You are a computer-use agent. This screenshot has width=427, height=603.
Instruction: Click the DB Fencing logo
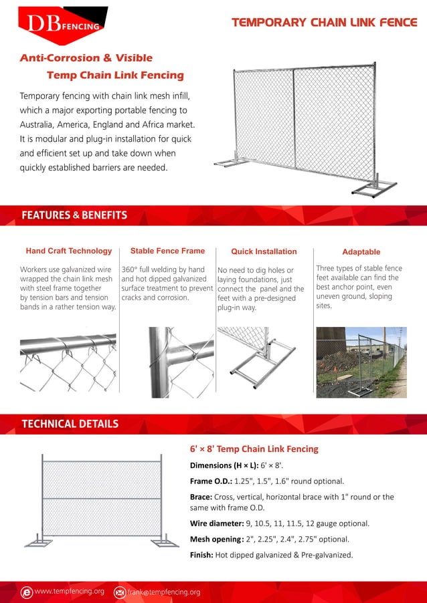(x=62, y=22)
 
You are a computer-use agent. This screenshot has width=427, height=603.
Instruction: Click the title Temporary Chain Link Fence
(x=324, y=23)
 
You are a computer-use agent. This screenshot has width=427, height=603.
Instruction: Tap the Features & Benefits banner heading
(x=74, y=215)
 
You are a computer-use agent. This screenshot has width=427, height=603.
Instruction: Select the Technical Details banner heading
(x=70, y=424)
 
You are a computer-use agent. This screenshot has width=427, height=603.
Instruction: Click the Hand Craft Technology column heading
(x=69, y=251)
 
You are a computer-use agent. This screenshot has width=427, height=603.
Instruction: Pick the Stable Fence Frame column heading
(x=167, y=251)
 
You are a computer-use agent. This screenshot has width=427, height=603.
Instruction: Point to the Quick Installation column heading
(x=264, y=252)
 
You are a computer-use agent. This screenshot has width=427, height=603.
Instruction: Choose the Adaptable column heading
(x=361, y=252)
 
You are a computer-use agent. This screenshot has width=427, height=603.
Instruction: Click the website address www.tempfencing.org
(x=69, y=592)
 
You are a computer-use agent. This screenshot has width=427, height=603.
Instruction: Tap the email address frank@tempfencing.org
(x=164, y=592)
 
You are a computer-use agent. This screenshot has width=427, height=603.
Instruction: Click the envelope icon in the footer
(x=120, y=592)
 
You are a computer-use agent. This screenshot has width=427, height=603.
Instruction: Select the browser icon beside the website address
(x=27, y=592)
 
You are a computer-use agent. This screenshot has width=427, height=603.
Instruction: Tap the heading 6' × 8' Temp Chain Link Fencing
(x=254, y=449)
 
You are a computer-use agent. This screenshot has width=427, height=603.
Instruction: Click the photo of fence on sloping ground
(x=361, y=362)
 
